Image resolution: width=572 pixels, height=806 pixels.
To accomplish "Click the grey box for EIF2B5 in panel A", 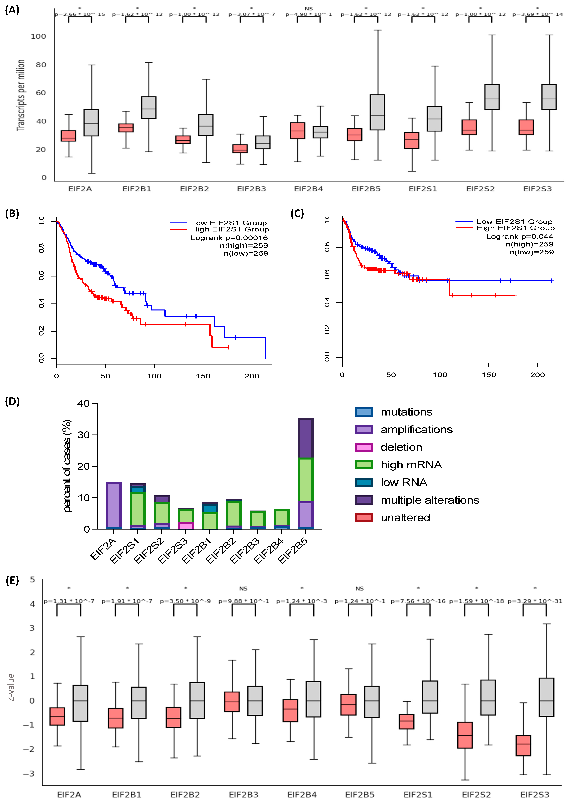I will [377, 112].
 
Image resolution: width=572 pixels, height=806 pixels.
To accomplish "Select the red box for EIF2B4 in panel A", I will [297, 131].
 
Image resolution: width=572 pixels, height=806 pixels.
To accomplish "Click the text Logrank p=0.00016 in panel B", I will [229, 238].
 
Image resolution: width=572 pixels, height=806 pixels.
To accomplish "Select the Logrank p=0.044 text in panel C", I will [520, 236].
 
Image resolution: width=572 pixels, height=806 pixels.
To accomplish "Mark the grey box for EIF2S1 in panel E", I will [430, 697].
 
